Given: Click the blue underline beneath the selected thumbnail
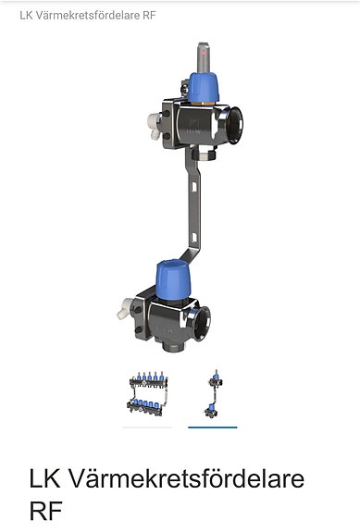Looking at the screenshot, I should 212,427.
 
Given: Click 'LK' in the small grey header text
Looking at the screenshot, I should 26,16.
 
